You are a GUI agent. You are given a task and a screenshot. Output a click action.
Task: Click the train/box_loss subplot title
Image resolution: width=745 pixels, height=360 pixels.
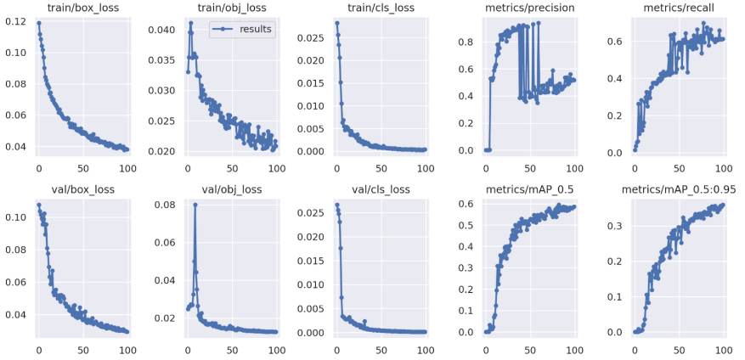pyautogui.click(x=83, y=8)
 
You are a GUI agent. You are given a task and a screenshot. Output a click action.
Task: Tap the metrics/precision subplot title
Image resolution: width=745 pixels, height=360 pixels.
pyautogui.click(x=532, y=8)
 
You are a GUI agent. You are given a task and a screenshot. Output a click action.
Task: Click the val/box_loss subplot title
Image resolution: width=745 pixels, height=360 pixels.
pyautogui.click(x=83, y=189)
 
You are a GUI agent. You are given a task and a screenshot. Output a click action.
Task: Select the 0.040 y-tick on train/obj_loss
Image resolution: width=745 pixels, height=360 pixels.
pyautogui.click(x=163, y=31)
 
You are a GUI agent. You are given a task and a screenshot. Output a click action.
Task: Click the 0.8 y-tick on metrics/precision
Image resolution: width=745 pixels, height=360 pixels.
pyautogui.click(x=468, y=40)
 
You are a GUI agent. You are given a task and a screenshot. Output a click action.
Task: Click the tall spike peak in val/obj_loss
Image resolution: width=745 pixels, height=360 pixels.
pyautogui.click(x=195, y=205)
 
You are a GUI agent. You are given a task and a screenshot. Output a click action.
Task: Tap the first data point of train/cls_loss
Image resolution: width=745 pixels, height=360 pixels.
pyautogui.click(x=337, y=23)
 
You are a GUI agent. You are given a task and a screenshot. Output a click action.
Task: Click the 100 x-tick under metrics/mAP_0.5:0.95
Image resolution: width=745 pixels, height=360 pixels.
pyautogui.click(x=724, y=348)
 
